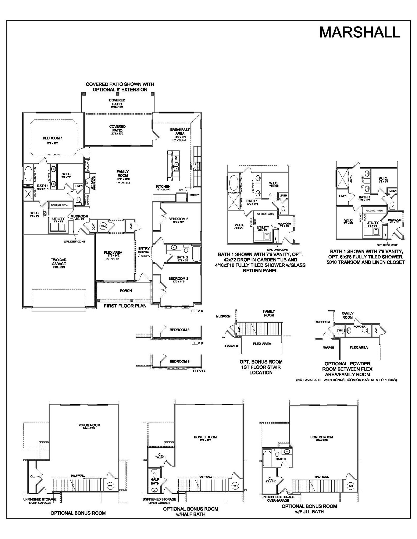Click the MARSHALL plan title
pyautogui.click(x=360, y=32)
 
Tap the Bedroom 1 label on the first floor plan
pyautogui.click(x=52, y=138)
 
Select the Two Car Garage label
pyautogui.click(x=58, y=262)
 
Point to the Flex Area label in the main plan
pyautogui.click(x=113, y=252)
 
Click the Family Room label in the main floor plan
pyautogui.click(x=123, y=173)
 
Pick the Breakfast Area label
pyautogui.click(x=180, y=131)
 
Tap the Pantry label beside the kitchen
pyautogui.click(x=194, y=195)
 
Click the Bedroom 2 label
pyautogui.click(x=178, y=219)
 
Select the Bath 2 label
pyautogui.click(x=182, y=257)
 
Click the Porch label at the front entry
pyautogui.click(x=126, y=291)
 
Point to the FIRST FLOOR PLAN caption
pyautogui.click(x=125, y=306)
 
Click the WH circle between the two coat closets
pyautogui.click(x=103, y=226)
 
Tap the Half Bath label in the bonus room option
pyautogui.click(x=155, y=481)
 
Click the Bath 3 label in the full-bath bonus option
pyautogui.click(x=281, y=459)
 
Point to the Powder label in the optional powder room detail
pyautogui.click(x=359, y=326)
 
